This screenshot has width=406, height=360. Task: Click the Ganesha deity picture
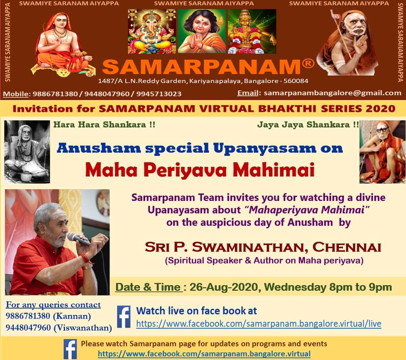152,32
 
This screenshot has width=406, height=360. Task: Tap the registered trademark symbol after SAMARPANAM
308,63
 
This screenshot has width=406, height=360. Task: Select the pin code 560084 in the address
296,81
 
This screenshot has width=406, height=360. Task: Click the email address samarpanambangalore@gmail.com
332,93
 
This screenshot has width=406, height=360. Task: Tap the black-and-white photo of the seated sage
27,152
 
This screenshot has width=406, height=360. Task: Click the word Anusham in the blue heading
98,148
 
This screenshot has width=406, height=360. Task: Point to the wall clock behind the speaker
103,202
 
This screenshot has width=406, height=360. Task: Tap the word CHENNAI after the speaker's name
347,247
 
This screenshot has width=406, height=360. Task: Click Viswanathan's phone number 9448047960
28,328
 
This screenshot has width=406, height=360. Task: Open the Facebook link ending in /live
259,324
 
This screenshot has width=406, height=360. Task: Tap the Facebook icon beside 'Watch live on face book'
124,317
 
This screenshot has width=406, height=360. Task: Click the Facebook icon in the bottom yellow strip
70,349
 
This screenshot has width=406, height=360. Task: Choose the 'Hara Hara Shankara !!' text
104,125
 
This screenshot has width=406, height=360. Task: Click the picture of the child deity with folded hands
202,32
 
